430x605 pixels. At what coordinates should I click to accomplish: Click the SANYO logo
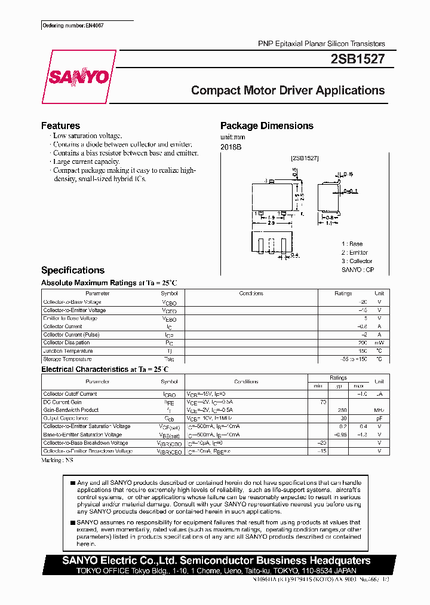pyautogui.click(x=78, y=77)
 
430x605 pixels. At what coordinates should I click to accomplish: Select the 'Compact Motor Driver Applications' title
pyautogui.click(x=287, y=90)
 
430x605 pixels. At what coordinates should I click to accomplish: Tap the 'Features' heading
pyautogui.click(x=60, y=126)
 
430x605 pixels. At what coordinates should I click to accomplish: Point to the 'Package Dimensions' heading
pyautogui.click(x=266, y=126)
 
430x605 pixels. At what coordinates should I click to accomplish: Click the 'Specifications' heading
pyautogui.click(x=72, y=270)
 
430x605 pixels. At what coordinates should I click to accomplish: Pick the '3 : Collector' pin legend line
pyautogui.click(x=357, y=261)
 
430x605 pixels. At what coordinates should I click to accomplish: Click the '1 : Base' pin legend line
pyautogui.click(x=352, y=244)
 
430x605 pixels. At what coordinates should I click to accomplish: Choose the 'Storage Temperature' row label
pyautogui.click(x=67, y=359)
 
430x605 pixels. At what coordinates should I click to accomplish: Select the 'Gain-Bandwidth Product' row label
pyautogui.click(x=70, y=410)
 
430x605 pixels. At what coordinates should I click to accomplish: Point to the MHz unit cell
pyautogui.click(x=379, y=410)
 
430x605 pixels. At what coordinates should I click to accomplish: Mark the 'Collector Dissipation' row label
pyautogui.click(x=66, y=343)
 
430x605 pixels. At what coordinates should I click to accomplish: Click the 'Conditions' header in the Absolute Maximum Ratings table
pyautogui.click(x=251, y=294)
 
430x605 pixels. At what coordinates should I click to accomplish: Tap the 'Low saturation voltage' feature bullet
pyautogui.click(x=87, y=136)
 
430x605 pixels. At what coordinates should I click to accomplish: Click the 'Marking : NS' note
pyautogui.click(x=57, y=460)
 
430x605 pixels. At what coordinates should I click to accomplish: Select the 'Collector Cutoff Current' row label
pyautogui.click(x=70, y=394)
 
